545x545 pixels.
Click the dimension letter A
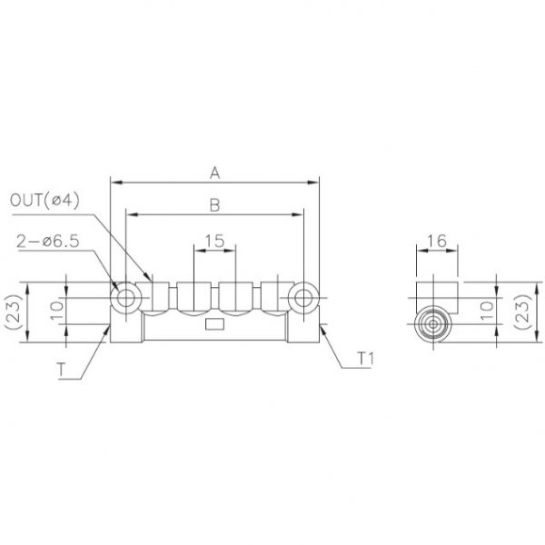point(214,171)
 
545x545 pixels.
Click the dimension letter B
point(214,204)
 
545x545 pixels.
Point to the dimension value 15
point(214,241)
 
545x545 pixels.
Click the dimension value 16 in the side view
point(437,241)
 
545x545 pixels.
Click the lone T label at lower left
point(59,370)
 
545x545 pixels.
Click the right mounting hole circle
point(303,297)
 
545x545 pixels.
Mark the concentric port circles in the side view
point(431,325)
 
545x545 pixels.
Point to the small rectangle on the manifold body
point(214,325)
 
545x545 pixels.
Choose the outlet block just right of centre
point(236,297)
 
